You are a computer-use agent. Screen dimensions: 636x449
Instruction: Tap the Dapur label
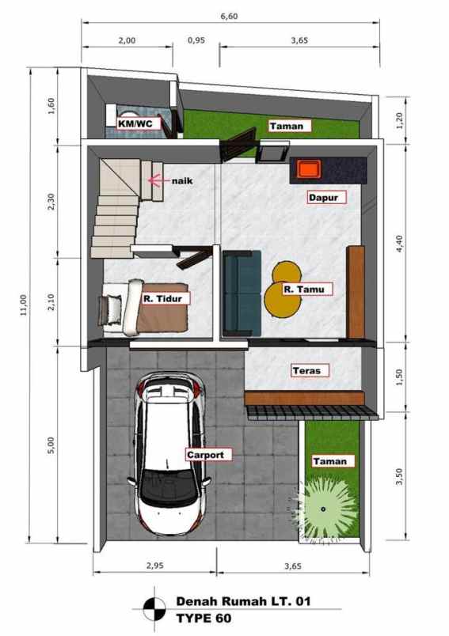click(327, 199)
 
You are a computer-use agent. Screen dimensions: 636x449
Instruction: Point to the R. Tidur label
click(161, 299)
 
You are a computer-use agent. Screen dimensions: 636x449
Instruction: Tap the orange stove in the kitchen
click(307, 168)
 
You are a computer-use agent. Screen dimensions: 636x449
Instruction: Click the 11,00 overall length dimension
click(23, 304)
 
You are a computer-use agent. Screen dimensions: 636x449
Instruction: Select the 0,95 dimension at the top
click(196, 39)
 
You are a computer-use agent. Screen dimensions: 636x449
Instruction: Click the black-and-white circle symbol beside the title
click(153, 611)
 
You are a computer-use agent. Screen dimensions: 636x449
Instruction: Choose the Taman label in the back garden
click(288, 125)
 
